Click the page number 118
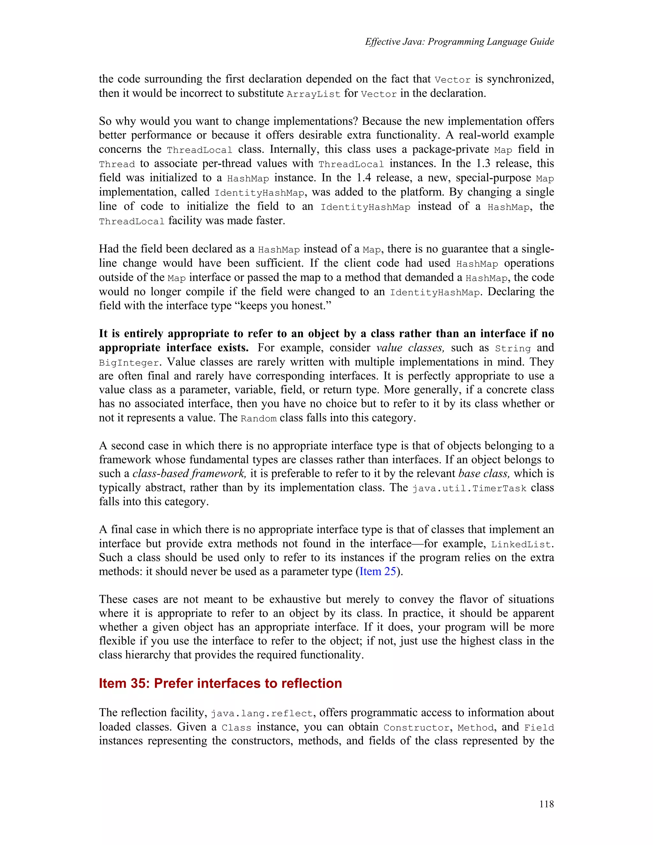pos(546,804)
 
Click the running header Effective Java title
pos(459,42)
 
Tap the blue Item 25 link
pos(378,571)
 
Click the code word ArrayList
pos(313,94)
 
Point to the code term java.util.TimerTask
pos(469,488)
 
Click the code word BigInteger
pos(129,363)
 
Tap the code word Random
pos(258,419)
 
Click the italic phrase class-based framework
pos(189,474)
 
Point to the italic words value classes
pos(410,348)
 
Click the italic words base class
pos(484,474)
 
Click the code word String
pos(513,348)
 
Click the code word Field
pos(539,727)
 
